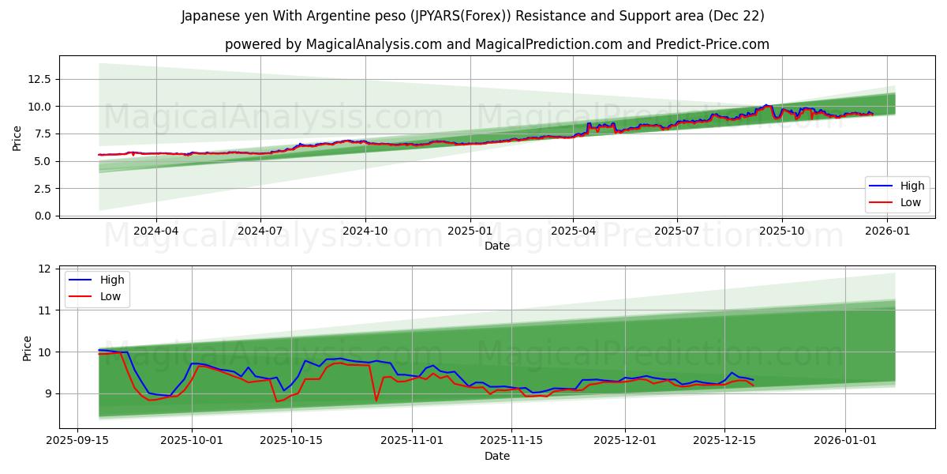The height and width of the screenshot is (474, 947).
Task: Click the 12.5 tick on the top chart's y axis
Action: pyautogui.click(x=40, y=79)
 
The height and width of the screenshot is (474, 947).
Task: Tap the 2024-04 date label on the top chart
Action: pyautogui.click(x=155, y=231)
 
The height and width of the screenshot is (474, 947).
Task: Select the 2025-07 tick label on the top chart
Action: pyautogui.click(x=677, y=231)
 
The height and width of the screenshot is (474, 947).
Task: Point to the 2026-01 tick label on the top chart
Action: pyautogui.click(x=887, y=231)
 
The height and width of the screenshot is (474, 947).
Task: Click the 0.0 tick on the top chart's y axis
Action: pyautogui.click(x=43, y=216)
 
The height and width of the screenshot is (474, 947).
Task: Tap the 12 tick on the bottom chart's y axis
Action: pyautogui.click(x=44, y=269)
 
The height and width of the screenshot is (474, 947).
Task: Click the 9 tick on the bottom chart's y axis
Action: pyautogui.click(x=47, y=393)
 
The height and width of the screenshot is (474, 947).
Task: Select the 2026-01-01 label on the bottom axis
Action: pyautogui.click(x=845, y=441)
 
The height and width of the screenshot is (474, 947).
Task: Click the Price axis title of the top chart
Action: pyautogui.click(x=17, y=137)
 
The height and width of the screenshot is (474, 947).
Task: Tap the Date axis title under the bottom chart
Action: pyautogui.click(x=497, y=456)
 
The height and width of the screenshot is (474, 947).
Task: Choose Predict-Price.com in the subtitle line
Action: pyautogui.click(x=712, y=44)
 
